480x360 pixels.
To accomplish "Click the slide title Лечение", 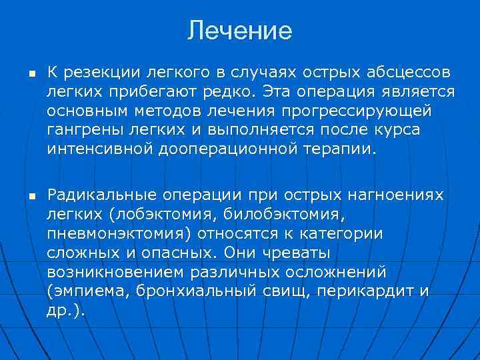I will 240,31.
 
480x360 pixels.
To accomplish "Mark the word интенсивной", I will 100,147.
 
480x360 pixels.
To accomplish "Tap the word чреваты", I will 293,253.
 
